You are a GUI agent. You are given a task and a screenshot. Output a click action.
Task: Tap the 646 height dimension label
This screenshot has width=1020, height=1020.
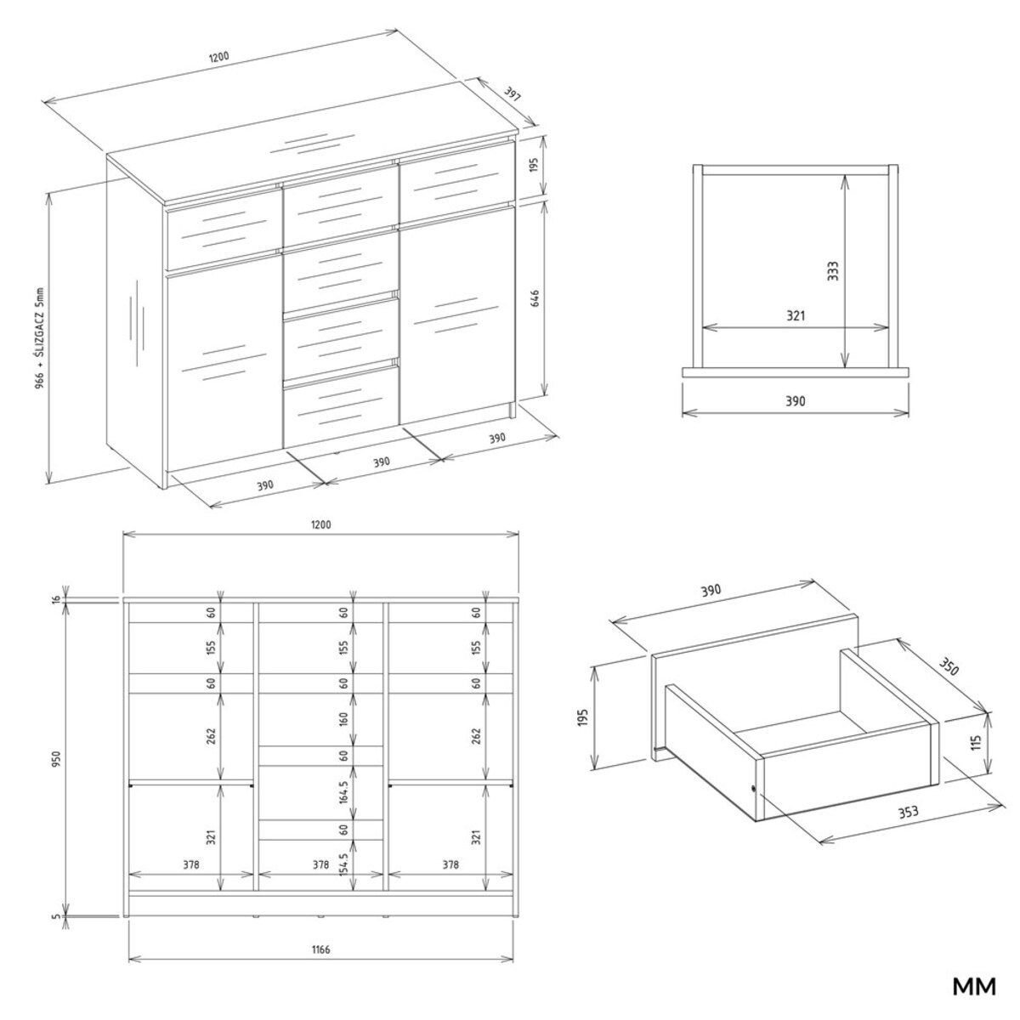(535, 300)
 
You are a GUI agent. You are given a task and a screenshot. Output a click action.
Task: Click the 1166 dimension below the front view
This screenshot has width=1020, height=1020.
(320, 949)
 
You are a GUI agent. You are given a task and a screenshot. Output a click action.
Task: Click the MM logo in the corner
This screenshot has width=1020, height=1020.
(973, 987)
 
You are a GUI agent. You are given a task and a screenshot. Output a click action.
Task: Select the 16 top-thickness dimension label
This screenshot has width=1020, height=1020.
(57, 599)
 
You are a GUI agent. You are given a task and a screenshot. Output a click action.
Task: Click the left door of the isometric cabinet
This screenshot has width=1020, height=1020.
(224, 365)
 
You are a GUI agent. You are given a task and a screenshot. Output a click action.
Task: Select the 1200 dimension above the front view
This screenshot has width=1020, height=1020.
(320, 524)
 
